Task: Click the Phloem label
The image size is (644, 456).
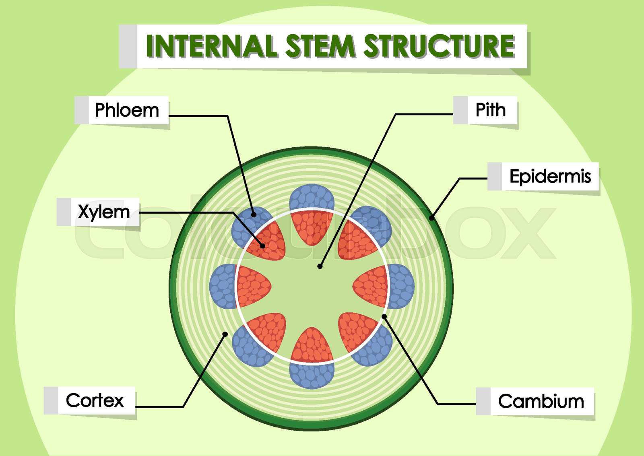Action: (x=127, y=110)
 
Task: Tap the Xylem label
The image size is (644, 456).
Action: (x=104, y=212)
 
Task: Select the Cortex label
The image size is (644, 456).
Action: (x=95, y=400)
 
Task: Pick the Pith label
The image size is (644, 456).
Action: (x=491, y=110)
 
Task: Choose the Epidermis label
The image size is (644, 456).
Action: (x=550, y=176)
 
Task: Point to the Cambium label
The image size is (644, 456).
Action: (x=541, y=401)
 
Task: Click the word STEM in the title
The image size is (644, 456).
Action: (x=320, y=46)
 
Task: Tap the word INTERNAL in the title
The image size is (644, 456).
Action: (x=211, y=46)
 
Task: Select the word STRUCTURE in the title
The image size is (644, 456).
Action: (x=439, y=46)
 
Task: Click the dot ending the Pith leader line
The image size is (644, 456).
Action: (x=320, y=266)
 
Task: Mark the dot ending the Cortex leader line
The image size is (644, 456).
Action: (x=225, y=334)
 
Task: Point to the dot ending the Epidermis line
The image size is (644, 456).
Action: (x=431, y=218)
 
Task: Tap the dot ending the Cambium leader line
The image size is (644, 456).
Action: (x=384, y=317)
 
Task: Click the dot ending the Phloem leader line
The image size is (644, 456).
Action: (x=254, y=215)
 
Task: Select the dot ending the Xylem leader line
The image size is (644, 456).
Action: (x=262, y=246)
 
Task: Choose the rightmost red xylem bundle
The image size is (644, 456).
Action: (x=371, y=286)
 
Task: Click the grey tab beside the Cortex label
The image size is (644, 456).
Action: (x=51, y=400)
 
